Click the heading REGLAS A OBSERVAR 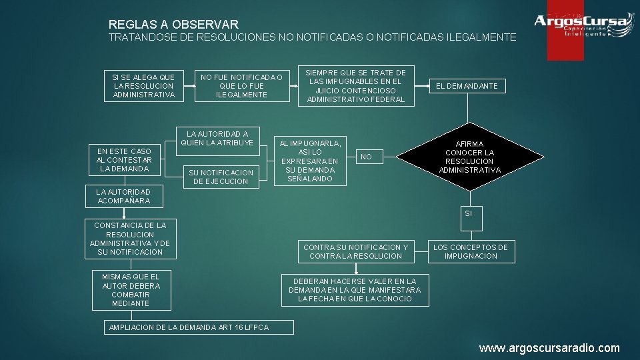[x=173, y=25]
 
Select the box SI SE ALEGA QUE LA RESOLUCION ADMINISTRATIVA [x=144, y=86]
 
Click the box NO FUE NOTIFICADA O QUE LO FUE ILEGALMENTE [x=241, y=86]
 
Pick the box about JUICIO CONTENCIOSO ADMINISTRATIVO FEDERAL [x=355, y=86]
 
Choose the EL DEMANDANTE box [x=467, y=86]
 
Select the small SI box [x=468, y=213]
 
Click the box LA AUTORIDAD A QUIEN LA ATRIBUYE [x=217, y=139]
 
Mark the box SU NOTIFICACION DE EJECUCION [x=221, y=177]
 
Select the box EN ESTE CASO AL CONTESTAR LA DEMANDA [x=124, y=160]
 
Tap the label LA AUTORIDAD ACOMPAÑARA [x=124, y=196]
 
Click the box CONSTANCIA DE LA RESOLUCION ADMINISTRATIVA [x=130, y=239]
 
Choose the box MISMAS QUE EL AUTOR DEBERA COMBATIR [x=131, y=290]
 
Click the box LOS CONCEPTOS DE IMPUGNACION [x=471, y=251]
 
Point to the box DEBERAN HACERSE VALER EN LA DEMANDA [x=355, y=290]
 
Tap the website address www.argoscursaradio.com [x=549, y=348]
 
